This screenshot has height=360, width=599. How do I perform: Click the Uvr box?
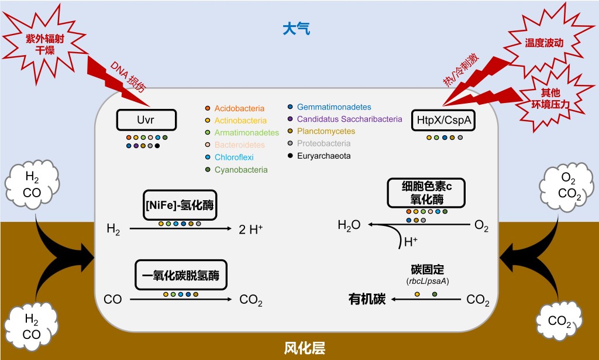(x=146, y=121)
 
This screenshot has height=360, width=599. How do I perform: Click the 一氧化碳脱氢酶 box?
(x=181, y=275)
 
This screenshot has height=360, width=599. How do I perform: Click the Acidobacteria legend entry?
(x=239, y=108)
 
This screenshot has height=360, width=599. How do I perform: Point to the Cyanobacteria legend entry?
(x=241, y=170)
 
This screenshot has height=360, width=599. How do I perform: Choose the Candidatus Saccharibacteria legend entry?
(x=349, y=119)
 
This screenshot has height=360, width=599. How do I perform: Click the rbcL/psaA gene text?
(x=427, y=282)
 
